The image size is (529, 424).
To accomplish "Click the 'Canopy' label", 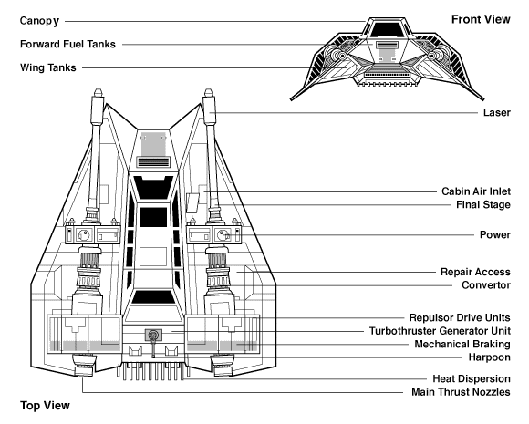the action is pos(39,21).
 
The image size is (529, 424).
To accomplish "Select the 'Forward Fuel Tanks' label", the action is pos(67,44).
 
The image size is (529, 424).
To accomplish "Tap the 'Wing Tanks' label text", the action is pos(48,67).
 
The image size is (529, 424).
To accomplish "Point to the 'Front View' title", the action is pos(481,19).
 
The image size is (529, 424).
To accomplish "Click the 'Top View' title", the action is pos(45,405).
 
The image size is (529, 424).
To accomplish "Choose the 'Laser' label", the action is pos(496,112).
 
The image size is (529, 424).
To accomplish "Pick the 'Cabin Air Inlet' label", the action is pos(476,191).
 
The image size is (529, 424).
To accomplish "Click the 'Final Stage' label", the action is pos(483,205).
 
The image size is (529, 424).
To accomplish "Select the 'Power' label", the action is pos(495,234).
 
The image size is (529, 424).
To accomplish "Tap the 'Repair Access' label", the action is pos(475,272).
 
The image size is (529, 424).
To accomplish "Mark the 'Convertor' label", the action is pos(486,285).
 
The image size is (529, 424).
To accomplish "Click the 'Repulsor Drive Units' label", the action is pos(460,317).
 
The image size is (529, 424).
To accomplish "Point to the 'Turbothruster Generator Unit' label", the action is pos(440,331).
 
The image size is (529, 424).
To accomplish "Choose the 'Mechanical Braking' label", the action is pos(462,344).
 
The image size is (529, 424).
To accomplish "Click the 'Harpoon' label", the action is pos(489,357).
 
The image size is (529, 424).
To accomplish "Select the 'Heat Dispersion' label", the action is pos(472,378).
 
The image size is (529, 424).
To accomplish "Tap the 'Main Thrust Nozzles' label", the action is pos(461,392).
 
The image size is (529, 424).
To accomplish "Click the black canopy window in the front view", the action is pos(387,30).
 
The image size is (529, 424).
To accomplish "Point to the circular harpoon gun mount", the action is pos(153,335).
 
